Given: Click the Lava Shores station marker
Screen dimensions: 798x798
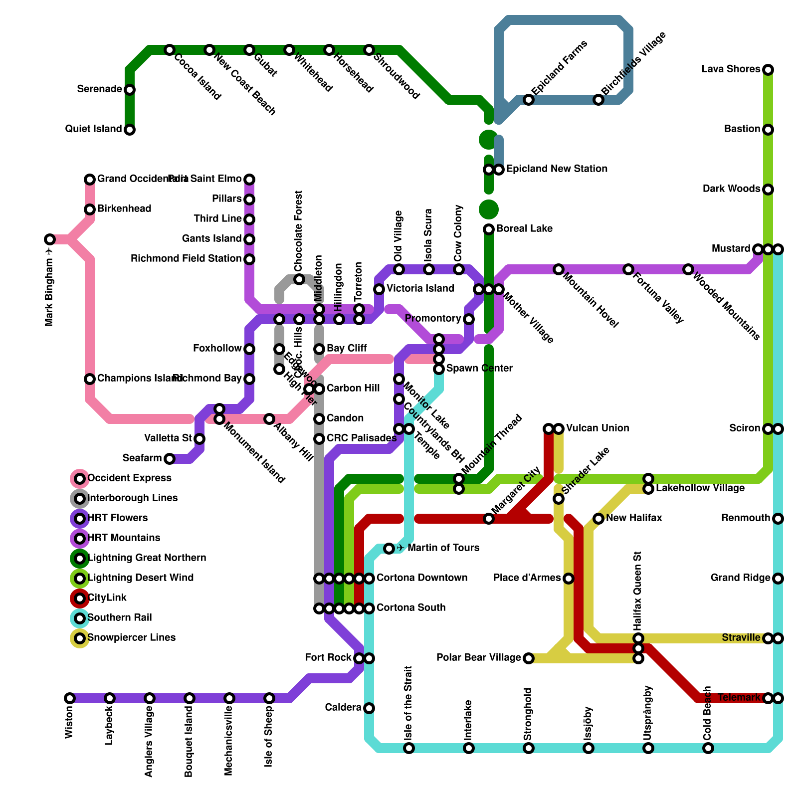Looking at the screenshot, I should click(768, 70).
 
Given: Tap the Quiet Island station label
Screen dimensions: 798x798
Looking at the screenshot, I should click(93, 129).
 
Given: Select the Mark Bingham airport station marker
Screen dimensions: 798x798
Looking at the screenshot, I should click(49, 239).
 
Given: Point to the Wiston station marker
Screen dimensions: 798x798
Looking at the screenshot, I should click(70, 698).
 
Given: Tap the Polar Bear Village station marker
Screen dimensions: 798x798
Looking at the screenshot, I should click(529, 658).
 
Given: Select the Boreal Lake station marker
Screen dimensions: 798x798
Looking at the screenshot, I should click(489, 229).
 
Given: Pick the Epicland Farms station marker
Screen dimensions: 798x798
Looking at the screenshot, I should click(529, 100).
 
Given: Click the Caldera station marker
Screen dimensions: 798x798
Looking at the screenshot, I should click(369, 708).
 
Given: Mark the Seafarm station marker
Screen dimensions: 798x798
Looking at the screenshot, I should click(170, 459).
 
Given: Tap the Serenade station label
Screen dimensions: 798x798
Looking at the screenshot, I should click(99, 89).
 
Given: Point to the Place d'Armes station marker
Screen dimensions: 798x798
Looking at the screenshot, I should click(569, 579).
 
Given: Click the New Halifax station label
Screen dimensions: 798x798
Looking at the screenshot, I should click(634, 518).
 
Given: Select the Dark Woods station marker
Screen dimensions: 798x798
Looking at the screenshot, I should click(768, 190).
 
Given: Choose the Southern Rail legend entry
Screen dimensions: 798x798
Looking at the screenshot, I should click(119, 618).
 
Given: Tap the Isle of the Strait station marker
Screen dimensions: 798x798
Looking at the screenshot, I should click(409, 748).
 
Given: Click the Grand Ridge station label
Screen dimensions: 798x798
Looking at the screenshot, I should click(740, 578).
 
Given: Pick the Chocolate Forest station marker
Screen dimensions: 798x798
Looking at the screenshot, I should click(299, 279).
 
